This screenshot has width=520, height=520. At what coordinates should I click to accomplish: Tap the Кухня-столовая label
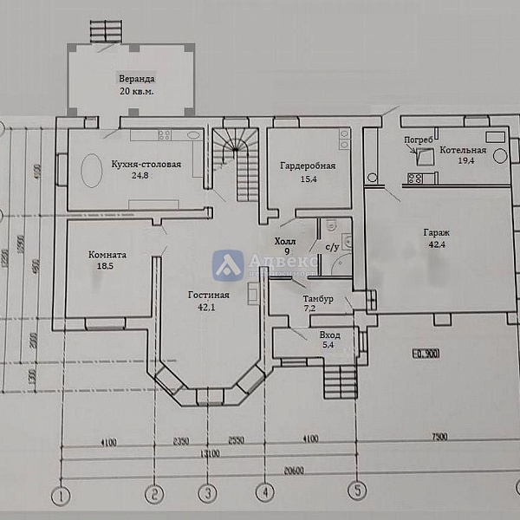tap(146, 164)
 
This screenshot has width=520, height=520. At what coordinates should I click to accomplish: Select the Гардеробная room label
tap(307, 165)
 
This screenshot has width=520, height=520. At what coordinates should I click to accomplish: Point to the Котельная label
tap(463, 151)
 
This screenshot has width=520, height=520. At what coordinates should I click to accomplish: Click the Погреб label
tap(418, 139)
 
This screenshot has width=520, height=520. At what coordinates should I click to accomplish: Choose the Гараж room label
tap(436, 233)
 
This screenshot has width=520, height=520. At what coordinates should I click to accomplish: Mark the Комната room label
tap(108, 256)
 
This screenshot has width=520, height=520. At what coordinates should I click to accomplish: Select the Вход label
tap(329, 335)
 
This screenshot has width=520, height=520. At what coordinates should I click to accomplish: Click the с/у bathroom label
tap(332, 247)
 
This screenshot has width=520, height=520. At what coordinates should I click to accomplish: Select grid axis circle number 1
tap(62, 495)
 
